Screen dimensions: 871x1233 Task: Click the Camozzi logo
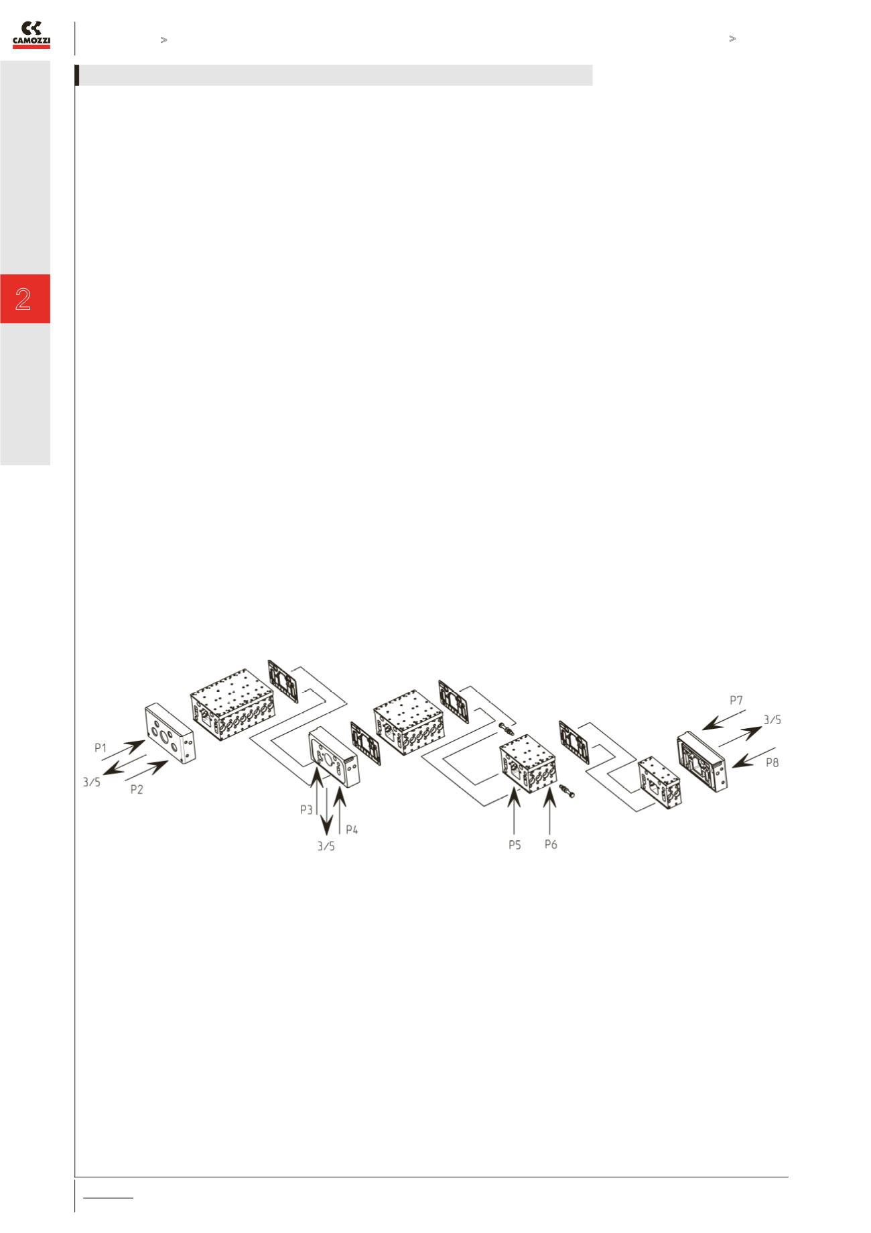point(31,35)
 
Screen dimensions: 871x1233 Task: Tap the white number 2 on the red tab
point(23,299)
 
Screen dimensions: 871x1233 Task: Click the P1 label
point(101,748)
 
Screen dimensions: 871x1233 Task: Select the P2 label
point(137,789)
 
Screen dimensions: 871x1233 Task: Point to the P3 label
point(307,810)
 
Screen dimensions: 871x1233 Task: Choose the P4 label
point(352,829)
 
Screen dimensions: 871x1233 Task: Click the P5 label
point(515,845)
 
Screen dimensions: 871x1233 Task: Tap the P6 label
point(551,844)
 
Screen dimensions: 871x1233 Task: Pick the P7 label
point(736,701)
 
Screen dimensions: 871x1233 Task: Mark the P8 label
point(773,762)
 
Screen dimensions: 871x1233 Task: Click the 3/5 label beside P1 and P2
point(92,782)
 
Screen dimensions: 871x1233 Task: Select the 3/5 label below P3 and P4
point(326,847)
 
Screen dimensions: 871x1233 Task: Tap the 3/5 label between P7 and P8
point(773,720)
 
